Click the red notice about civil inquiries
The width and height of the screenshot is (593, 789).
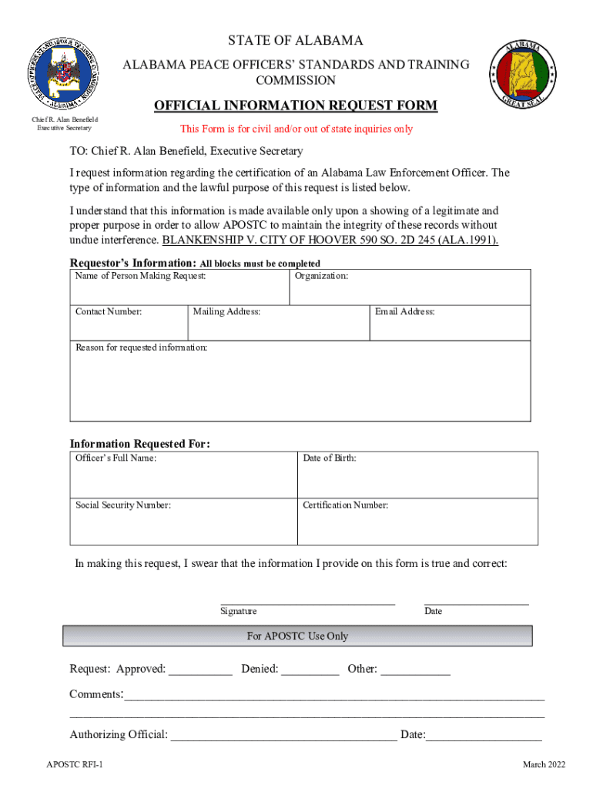[x=296, y=129]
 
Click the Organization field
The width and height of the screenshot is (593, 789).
[x=410, y=291]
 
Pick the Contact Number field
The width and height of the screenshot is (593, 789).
[x=129, y=325]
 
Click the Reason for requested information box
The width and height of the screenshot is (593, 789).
[x=300, y=385]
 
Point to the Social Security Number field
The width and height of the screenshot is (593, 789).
[x=183, y=525]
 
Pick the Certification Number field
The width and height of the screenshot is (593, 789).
[x=417, y=525]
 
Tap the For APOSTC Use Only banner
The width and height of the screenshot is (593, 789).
[x=297, y=636]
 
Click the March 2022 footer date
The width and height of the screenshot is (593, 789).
[x=544, y=764]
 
